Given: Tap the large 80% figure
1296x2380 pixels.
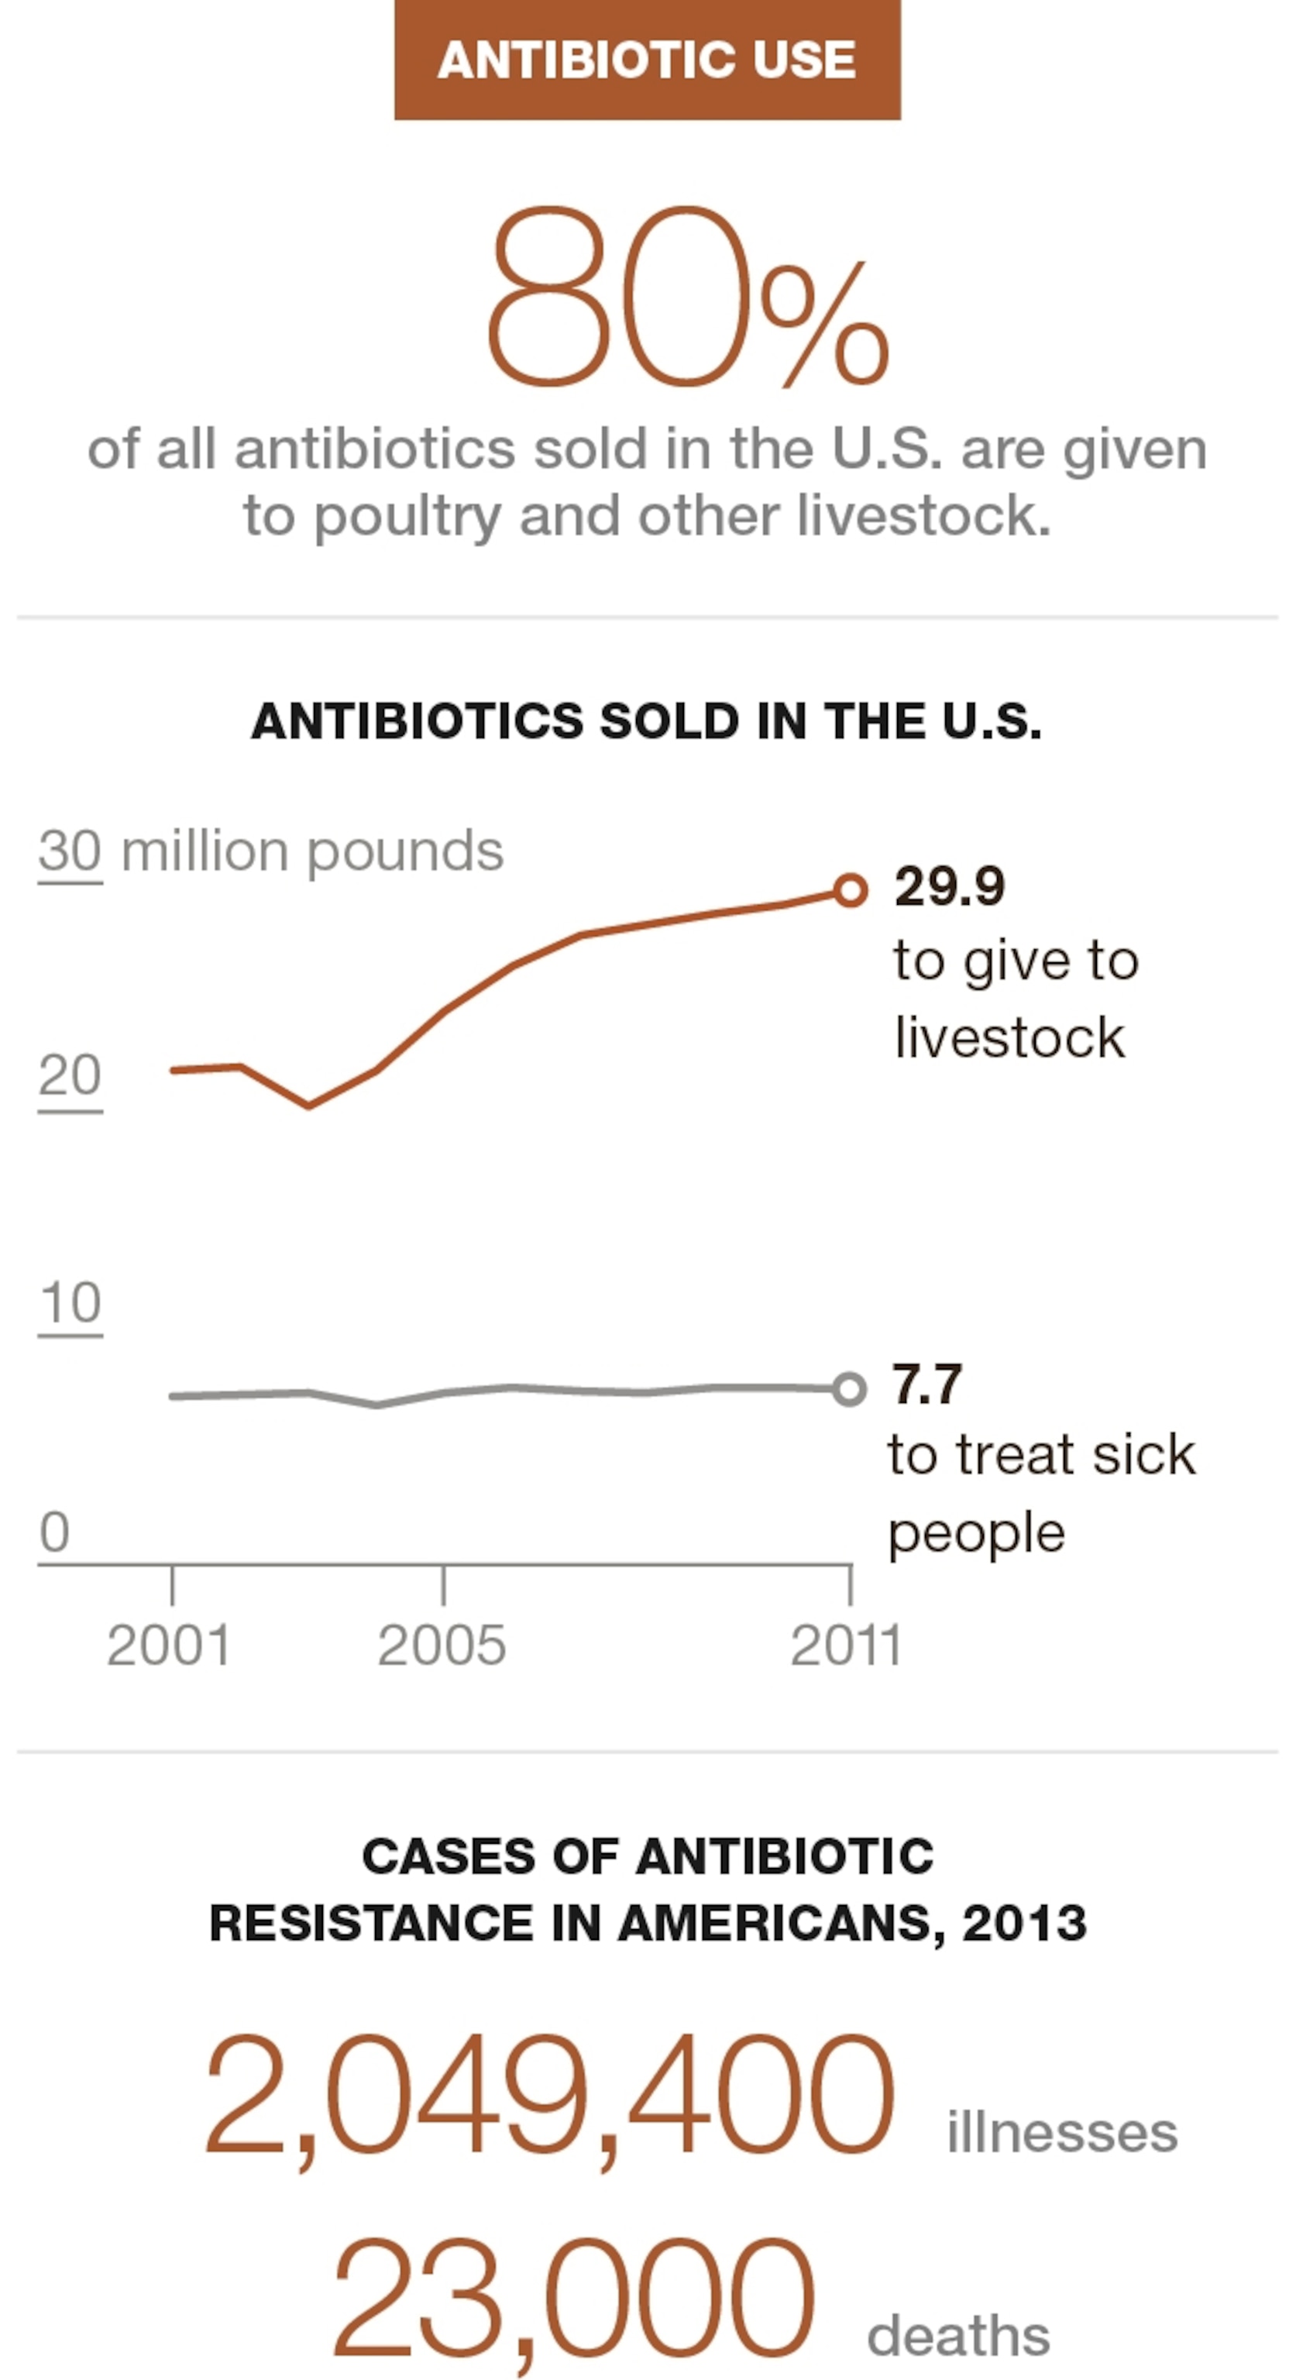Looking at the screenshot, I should coord(686,297).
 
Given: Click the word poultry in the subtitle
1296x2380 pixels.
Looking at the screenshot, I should coord(407,515).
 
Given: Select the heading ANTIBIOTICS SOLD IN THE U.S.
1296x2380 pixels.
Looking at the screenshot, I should coord(647,721).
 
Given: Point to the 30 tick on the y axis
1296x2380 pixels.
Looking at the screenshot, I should coord(69,850).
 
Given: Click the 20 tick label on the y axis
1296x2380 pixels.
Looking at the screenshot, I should coord(69,1075).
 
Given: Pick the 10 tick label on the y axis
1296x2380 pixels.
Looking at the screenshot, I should coord(69,1302).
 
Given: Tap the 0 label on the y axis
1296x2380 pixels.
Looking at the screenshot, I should coord(54,1531).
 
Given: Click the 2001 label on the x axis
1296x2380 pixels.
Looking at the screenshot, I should coord(169,1646).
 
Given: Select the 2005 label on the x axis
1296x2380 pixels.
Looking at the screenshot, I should coord(442,1646).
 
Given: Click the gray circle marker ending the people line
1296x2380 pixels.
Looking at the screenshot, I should coord(849,1388).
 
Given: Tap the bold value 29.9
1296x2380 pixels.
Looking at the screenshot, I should coord(949,887).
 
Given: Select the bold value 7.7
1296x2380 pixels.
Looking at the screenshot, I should coord(926,1384).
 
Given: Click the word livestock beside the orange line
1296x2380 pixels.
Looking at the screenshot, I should coord(1009,1037).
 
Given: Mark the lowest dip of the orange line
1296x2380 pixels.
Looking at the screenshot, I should coord(308,1105).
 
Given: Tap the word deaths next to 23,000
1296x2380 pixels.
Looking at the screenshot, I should coord(958,2336).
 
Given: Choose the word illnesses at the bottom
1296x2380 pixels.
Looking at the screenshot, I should coord(1062,2132).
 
